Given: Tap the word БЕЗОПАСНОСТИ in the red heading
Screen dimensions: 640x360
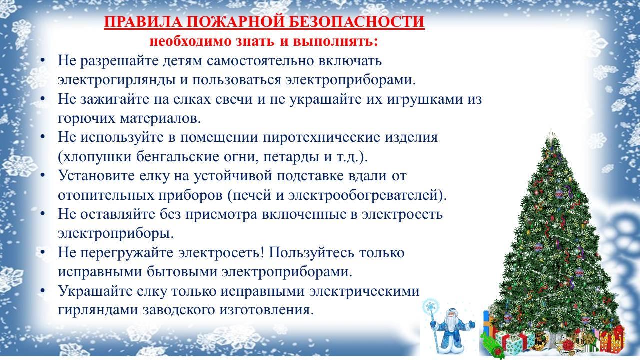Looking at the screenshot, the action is pos(356,22).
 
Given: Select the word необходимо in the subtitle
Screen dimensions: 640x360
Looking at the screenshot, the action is pos(190,41).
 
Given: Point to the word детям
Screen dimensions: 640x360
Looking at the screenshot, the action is pos(182,61).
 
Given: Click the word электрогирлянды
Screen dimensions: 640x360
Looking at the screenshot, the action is pos(117,80).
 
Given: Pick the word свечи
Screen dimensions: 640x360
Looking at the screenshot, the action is pos(234,99).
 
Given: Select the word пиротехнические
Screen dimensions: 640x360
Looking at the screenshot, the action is pos(321,138).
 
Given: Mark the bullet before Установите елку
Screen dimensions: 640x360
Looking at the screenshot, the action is pos(43,175).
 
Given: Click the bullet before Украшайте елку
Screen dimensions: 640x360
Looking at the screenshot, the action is pos(43,291).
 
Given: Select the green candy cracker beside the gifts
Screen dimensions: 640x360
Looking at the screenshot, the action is pos(493,345).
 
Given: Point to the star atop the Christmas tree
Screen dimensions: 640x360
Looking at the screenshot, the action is pos(552,137).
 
